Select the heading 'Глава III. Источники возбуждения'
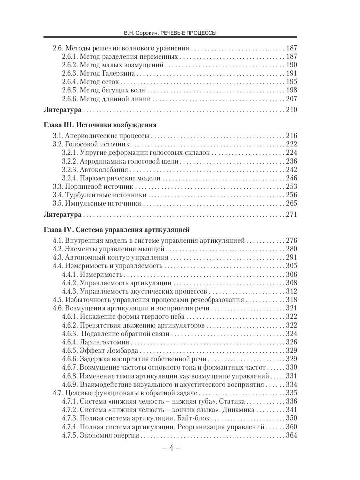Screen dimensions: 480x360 (100, 124)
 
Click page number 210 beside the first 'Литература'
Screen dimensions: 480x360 (291, 110)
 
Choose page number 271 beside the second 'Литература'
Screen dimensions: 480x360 (291, 215)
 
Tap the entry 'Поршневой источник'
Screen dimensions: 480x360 (98, 187)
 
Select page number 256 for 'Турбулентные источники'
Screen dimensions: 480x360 (291, 195)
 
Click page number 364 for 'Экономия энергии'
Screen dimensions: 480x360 (291, 435)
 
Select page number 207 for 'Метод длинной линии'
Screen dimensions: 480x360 (291, 100)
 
